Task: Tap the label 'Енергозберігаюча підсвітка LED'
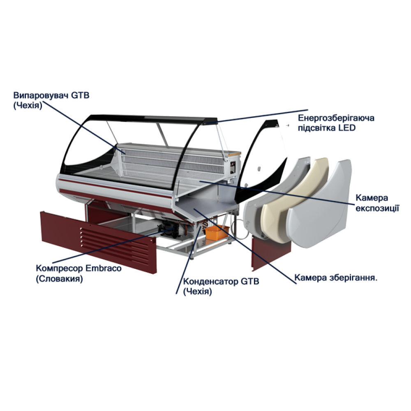336,123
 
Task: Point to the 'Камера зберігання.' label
336,277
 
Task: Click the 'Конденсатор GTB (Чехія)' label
221,286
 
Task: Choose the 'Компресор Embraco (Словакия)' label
79,273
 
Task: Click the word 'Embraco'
104,269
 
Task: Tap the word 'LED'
346,128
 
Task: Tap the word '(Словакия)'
59,279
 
